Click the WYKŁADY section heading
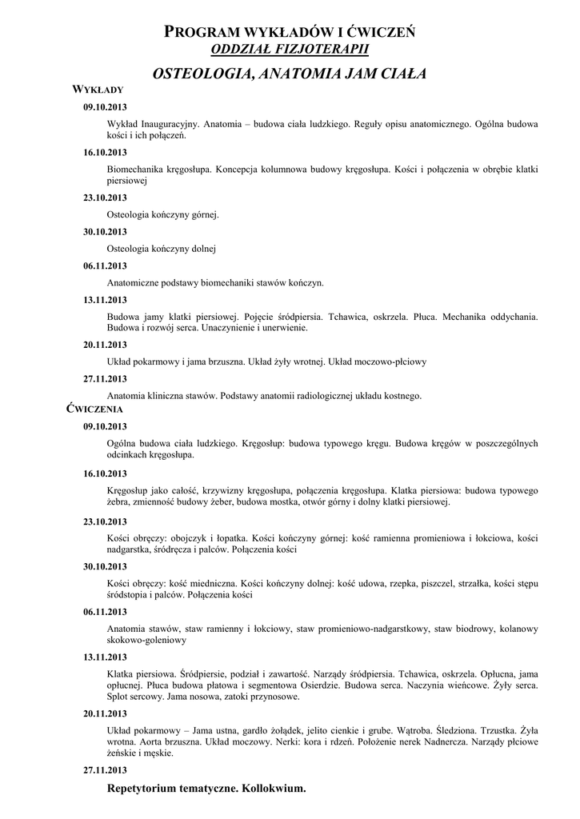[x=98, y=90]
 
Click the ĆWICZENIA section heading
[x=95, y=409]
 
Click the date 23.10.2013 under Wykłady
[x=105, y=198]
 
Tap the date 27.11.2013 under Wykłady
[x=105, y=378]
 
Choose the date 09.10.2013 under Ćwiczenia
[x=105, y=426]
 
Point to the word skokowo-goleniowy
[x=146, y=641]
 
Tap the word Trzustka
[x=490, y=730]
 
